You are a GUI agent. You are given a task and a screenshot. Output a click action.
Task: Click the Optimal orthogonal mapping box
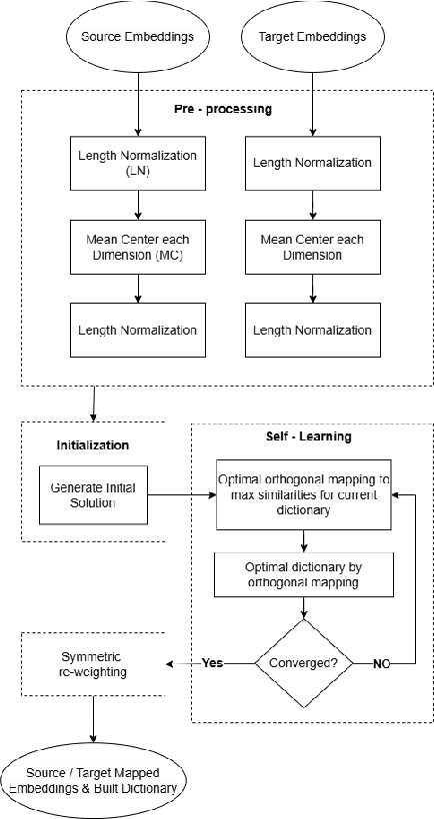(301, 492)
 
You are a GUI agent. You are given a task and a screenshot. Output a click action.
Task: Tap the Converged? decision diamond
(301, 661)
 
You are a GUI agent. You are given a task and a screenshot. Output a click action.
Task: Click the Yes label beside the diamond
(213, 661)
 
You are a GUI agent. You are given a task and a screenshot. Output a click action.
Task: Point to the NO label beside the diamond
(380, 661)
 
